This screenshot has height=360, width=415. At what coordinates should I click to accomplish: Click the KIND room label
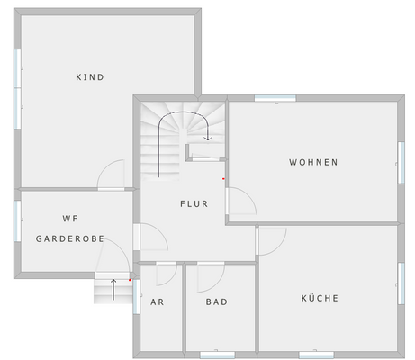coord(90,77)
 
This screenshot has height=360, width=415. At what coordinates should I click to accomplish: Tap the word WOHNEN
coord(313,163)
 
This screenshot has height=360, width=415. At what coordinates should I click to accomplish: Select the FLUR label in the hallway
coord(194,204)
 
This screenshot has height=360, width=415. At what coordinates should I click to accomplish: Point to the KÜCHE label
coord(320,298)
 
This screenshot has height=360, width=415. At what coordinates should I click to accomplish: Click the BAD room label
coord(216,302)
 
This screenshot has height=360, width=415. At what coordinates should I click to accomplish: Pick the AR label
coord(157,302)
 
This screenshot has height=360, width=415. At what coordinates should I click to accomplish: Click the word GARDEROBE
coord(70,239)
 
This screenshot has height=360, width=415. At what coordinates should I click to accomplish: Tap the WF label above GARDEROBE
coord(70,219)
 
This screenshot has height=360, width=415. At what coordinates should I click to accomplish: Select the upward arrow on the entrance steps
coord(113,289)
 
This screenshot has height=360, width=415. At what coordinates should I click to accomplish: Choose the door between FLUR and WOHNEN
coord(240,202)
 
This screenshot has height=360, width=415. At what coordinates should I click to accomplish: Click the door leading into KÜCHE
coord(271,239)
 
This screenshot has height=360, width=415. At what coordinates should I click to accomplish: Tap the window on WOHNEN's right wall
coord(400,156)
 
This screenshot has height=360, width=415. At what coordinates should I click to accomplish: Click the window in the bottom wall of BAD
coord(217,354)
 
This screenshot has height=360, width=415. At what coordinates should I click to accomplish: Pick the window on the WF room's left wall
coord(17,220)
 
